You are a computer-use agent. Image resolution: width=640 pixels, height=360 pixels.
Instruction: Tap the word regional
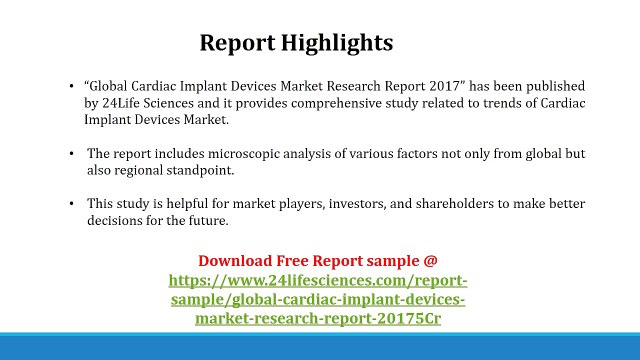click(x=142, y=170)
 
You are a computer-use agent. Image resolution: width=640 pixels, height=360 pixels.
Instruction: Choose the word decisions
click(x=117, y=220)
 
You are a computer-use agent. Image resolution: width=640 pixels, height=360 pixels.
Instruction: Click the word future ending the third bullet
click(x=206, y=220)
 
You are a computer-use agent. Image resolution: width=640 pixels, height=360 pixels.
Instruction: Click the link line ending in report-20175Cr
click(x=318, y=320)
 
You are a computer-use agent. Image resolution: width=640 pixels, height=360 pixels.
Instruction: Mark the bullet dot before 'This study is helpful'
click(x=72, y=204)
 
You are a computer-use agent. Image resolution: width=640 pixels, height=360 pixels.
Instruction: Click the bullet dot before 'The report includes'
click(x=72, y=154)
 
